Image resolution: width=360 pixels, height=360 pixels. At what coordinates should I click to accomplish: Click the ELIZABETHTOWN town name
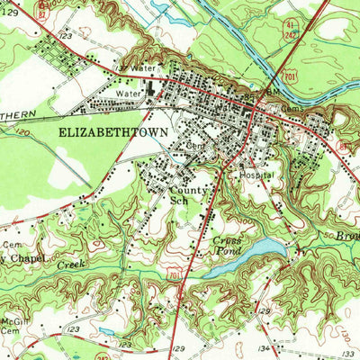[113, 130]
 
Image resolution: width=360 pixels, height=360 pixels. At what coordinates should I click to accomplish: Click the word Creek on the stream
[70, 266]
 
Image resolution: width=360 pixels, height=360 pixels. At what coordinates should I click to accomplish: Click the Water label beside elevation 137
[142, 68]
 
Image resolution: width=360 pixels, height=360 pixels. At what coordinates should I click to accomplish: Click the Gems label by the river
[292, 106]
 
